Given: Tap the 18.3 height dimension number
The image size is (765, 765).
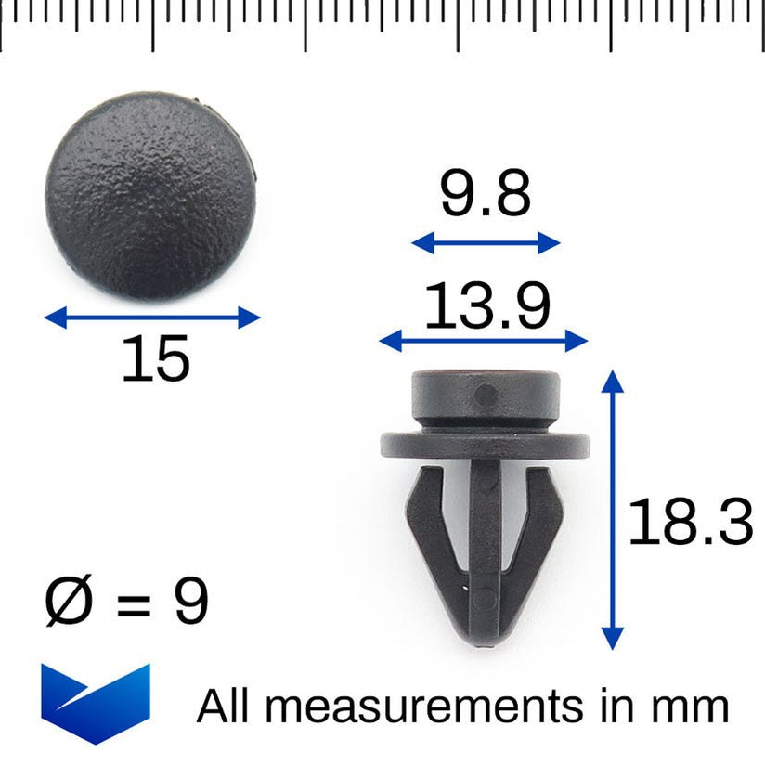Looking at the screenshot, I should (x=690, y=522).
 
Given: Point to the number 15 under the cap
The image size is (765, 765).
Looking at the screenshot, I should (x=155, y=359).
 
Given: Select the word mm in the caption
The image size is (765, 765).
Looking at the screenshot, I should (x=692, y=707).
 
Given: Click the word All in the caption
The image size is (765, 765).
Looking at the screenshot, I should (x=223, y=707).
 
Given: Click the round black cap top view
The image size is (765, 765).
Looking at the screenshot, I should (x=150, y=195).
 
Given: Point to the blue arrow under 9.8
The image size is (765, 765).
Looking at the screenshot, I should (x=486, y=243).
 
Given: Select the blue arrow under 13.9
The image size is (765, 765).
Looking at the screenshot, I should (x=484, y=341).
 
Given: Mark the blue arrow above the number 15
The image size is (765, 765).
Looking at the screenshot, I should (x=153, y=318).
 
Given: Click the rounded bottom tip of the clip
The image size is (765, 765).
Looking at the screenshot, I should (x=485, y=630).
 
